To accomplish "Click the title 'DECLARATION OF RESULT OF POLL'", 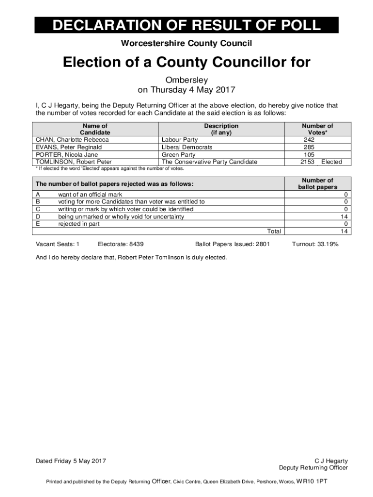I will point(186,25).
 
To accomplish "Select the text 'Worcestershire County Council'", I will point(186,44).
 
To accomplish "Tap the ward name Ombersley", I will point(186,80).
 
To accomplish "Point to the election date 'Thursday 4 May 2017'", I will point(193,90).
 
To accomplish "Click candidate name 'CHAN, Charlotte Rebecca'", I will point(72,140).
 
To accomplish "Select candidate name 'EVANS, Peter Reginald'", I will point(69,147).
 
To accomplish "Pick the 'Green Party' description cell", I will point(179,155).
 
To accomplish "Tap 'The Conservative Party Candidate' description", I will point(210,162).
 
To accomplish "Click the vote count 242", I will point(309,140).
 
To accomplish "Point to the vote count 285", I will point(309,147).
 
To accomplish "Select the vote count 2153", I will point(307,162).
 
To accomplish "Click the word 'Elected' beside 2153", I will point(332,162).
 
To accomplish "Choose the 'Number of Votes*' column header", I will point(317,129).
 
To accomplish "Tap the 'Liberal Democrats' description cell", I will point(187,147).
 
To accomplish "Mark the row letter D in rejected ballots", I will point(38,216).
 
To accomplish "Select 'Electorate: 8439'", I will point(121,244).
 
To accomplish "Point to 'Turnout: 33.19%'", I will point(315,244).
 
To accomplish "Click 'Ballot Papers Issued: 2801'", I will point(232,244).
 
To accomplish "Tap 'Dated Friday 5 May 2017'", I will point(71,461).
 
